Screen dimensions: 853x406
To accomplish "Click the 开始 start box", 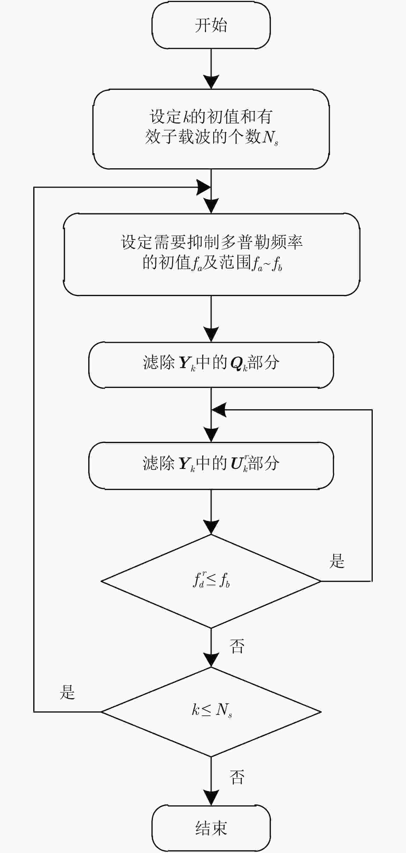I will pyautogui.click(x=211, y=26).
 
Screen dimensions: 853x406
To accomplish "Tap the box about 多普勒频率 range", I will pyautogui.click(x=211, y=254).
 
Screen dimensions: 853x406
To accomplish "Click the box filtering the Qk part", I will pyautogui.click(x=211, y=365).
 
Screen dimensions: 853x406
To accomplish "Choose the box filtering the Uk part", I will pyautogui.click(x=211, y=465).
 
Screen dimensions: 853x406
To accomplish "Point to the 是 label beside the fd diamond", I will pyautogui.click(x=337, y=561).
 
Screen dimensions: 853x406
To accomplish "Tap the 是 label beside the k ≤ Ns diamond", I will pyautogui.click(x=68, y=691).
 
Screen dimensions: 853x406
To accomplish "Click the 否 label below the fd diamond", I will pyautogui.click(x=237, y=646).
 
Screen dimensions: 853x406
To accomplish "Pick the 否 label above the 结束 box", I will pyautogui.click(x=237, y=777).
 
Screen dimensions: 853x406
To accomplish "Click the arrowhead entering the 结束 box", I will pyautogui.click(x=211, y=798).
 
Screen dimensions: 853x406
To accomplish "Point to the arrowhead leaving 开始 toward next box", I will pyautogui.click(x=211, y=82).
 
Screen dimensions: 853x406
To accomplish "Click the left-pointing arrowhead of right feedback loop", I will pyautogui.click(x=218, y=410).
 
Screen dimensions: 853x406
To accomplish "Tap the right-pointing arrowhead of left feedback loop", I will pyautogui.click(x=203, y=187).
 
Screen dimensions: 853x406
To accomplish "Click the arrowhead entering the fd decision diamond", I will pyautogui.click(x=211, y=527).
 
